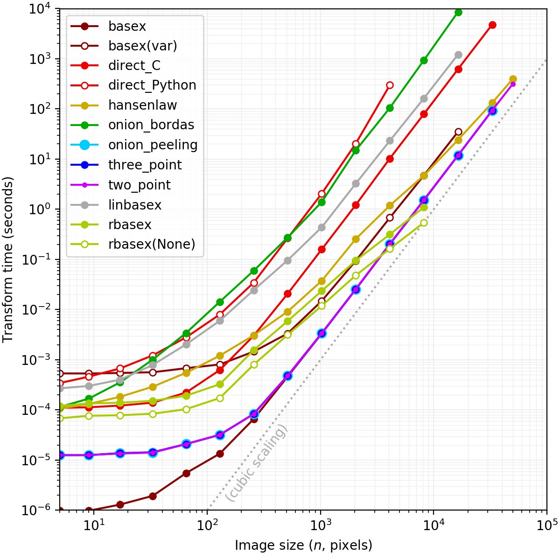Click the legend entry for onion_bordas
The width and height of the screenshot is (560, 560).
(151, 125)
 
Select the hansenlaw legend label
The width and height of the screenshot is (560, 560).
(142, 105)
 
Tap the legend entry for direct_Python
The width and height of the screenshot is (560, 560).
(152, 85)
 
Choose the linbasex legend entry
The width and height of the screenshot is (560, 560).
(134, 205)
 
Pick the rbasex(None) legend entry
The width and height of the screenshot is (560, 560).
(151, 244)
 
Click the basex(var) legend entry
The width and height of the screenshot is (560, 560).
(142, 45)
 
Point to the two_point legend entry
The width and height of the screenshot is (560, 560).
(139, 185)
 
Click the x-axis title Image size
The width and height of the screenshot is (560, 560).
(303, 545)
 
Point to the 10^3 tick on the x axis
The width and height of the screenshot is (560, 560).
(320, 525)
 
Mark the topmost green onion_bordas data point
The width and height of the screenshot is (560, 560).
(458, 12)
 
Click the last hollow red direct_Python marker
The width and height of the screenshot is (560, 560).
(390, 85)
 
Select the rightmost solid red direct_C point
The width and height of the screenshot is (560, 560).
(492, 25)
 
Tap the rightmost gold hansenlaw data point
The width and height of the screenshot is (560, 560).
(513, 79)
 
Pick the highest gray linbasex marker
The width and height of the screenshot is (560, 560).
(458, 55)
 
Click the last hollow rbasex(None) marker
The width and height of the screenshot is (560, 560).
(424, 223)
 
